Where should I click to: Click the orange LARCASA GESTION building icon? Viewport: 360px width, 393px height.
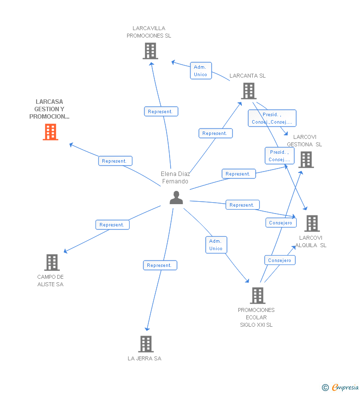point(50,132)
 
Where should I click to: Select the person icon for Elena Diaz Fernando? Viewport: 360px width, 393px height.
point(176,197)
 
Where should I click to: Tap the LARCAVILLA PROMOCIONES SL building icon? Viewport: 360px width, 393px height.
point(150,51)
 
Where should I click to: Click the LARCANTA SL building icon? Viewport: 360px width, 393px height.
point(249,91)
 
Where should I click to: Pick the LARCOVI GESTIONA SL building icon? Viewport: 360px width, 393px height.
point(306,160)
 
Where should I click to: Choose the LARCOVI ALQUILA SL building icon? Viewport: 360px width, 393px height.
point(312,223)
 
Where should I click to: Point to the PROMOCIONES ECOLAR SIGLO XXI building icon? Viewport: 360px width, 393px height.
point(257,296)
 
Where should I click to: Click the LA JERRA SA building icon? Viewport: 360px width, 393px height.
point(145,344)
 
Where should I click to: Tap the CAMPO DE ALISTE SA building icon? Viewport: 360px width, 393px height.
point(51,262)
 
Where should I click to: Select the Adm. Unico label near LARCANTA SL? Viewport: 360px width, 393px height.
point(201,71)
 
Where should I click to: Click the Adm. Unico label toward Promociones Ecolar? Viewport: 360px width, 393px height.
point(216,245)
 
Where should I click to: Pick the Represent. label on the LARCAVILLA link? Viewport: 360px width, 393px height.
point(161,112)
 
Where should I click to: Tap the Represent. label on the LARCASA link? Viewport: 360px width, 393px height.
point(115,161)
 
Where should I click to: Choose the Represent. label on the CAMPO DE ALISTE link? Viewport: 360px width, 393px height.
point(112,224)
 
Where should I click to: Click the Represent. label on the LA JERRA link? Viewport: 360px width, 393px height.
point(160,265)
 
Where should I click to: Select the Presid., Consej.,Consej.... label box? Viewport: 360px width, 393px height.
point(272,118)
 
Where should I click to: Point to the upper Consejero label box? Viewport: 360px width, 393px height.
point(281,223)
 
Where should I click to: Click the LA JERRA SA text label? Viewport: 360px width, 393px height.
point(144,358)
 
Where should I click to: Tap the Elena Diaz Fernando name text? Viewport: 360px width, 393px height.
point(176,177)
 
